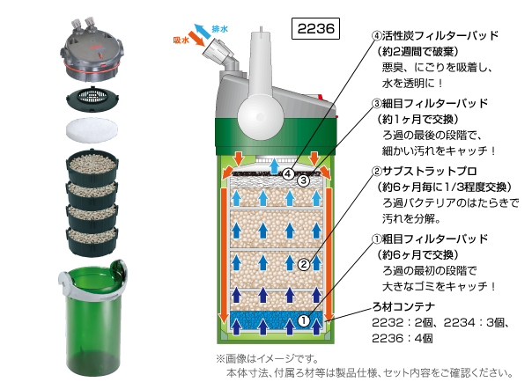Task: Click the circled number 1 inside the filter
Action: (303, 321)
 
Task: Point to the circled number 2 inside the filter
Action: (303, 263)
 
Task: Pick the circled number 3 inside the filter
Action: (302, 181)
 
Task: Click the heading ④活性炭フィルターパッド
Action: (436, 37)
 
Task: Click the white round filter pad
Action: (91, 128)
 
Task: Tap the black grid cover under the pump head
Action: (91, 95)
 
